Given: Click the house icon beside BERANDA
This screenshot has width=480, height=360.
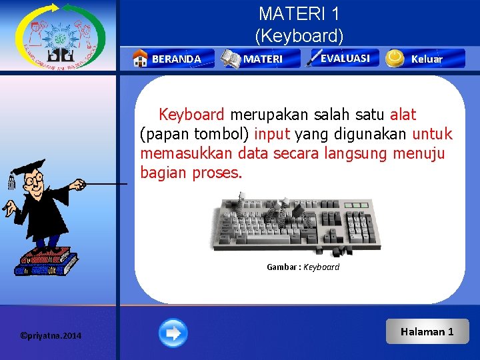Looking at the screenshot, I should (140, 59).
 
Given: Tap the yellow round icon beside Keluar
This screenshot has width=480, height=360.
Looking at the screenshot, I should (395, 59).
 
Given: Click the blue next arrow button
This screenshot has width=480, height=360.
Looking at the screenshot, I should (173, 333).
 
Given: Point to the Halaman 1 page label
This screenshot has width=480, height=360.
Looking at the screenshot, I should (427, 331).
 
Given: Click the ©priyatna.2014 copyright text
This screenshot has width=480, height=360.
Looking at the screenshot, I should (51, 335).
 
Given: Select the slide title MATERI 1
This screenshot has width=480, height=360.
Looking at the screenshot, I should (299, 14).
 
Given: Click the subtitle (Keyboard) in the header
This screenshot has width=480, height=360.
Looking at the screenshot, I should (299, 35).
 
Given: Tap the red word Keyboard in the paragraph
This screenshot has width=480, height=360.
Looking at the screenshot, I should (191, 115).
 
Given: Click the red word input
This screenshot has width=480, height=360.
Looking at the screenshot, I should (272, 134).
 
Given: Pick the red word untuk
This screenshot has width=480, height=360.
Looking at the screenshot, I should (432, 134).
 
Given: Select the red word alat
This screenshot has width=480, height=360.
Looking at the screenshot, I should (403, 115).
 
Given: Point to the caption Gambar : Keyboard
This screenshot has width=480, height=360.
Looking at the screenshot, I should (303, 267).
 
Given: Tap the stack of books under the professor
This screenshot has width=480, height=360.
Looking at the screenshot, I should (46, 261).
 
